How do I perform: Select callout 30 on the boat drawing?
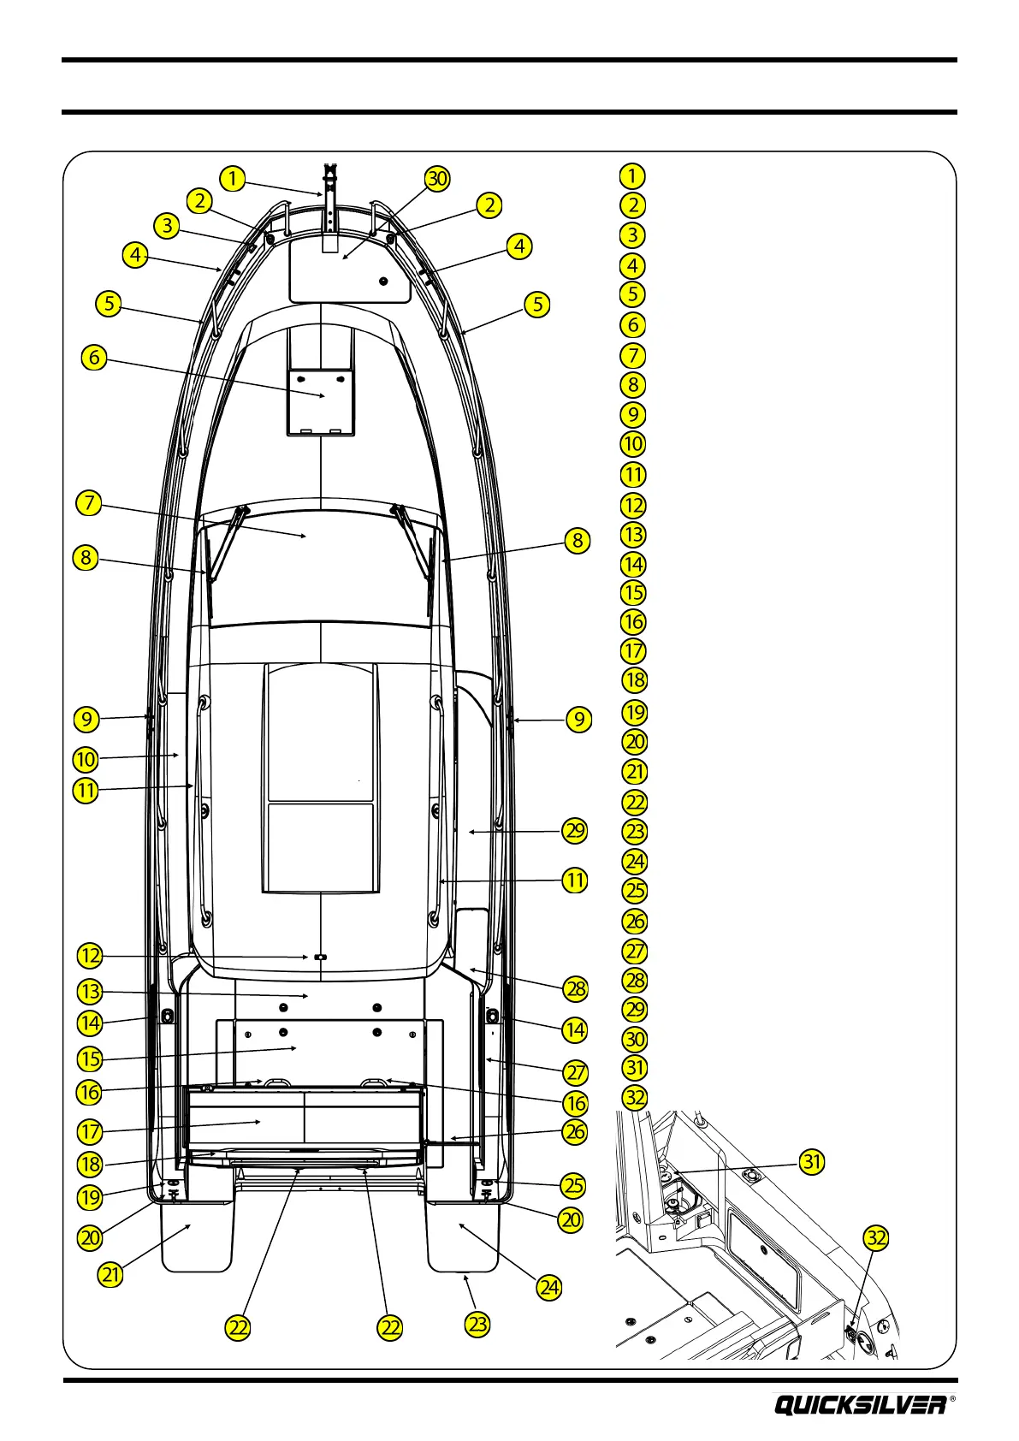tap(437, 179)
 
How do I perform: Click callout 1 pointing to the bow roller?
tap(232, 179)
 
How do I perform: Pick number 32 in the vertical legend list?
tap(634, 1097)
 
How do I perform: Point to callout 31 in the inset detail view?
tap(812, 1161)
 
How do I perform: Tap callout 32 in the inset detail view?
tap(876, 1238)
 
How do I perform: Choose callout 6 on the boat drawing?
tap(94, 357)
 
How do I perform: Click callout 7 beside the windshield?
tap(89, 502)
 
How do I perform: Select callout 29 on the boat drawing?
tap(575, 830)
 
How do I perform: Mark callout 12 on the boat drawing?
tap(90, 956)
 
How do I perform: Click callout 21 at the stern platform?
tap(111, 1274)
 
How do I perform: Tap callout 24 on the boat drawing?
tap(548, 1287)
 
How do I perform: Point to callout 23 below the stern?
tap(477, 1325)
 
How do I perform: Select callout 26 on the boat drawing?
tap(575, 1131)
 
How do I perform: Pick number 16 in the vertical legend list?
tap(633, 622)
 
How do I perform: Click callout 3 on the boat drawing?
tap(167, 226)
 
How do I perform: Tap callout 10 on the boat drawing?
tap(86, 759)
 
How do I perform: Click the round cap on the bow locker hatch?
tap(382, 282)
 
